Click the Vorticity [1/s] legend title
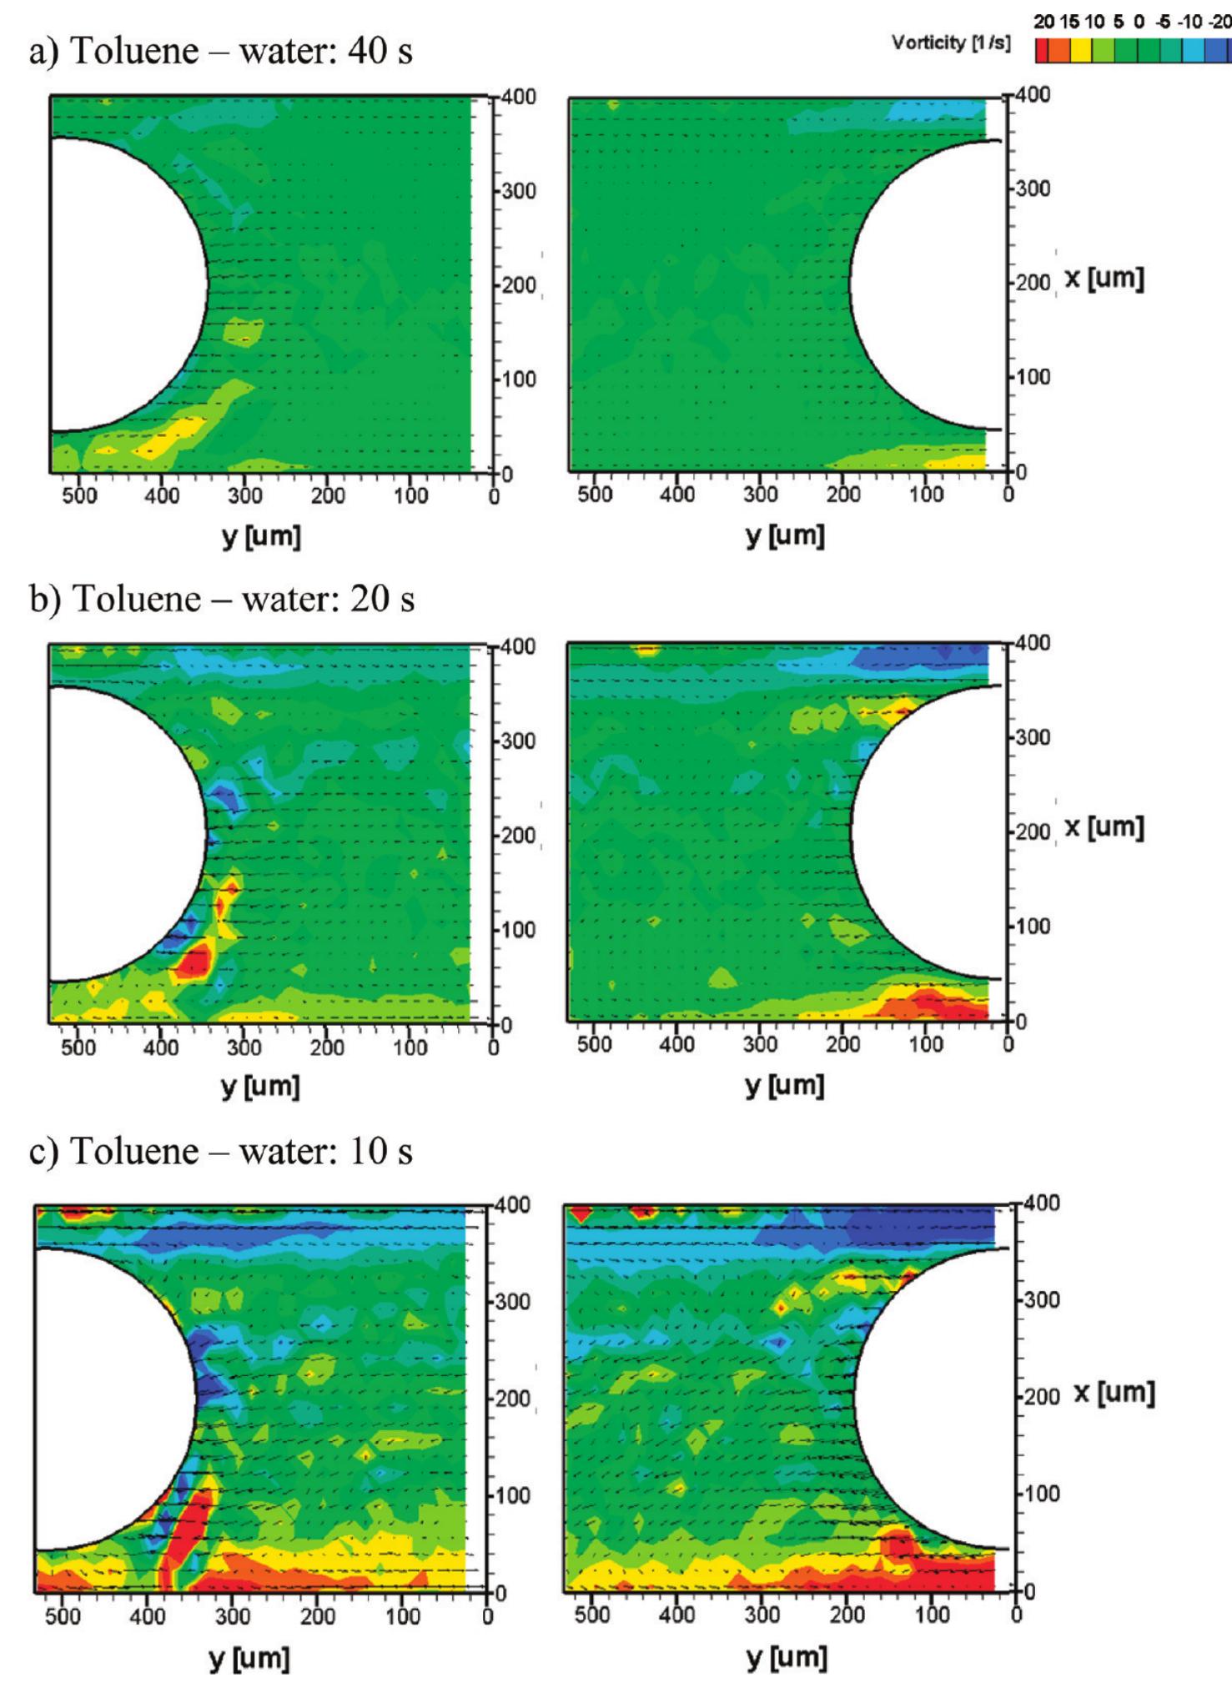click(x=950, y=43)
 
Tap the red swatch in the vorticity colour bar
click(x=1043, y=52)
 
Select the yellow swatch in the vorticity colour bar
click(x=1080, y=52)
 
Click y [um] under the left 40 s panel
click(x=261, y=535)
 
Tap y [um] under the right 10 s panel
click(x=787, y=1656)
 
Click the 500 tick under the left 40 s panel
click(x=79, y=495)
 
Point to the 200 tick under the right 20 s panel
click(x=842, y=1044)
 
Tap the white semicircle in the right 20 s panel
click(x=926, y=834)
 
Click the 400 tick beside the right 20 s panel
click(x=1032, y=644)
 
